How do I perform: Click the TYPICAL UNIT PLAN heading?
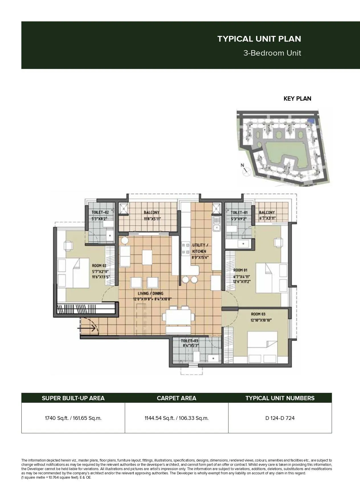click(x=259, y=39)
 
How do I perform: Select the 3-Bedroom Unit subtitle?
click(x=272, y=53)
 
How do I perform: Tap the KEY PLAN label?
click(x=297, y=99)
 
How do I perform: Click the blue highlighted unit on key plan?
click(x=312, y=121)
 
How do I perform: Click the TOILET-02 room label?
click(x=100, y=212)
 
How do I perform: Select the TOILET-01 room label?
click(x=239, y=212)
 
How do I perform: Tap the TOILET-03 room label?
click(x=189, y=341)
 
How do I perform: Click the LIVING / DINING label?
click(x=148, y=293)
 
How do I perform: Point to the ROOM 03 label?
click(x=258, y=314)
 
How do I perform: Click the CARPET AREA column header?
click(x=176, y=398)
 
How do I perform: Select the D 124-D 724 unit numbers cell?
click(x=280, y=418)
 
